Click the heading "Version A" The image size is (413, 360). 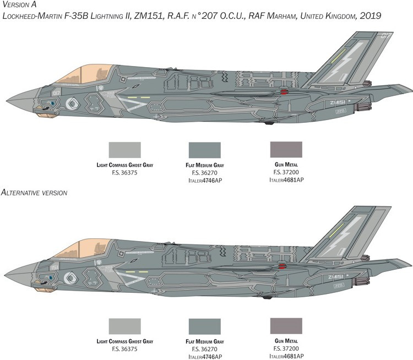(x=19, y=4)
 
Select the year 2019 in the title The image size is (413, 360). (x=370, y=16)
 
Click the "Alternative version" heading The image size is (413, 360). (x=34, y=193)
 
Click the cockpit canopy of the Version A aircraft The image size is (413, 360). (x=84, y=74)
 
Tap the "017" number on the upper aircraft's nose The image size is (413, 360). (x=56, y=93)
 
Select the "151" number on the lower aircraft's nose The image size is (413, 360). (x=55, y=268)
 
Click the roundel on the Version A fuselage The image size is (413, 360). (x=73, y=103)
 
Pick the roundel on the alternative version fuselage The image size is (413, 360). (x=70, y=279)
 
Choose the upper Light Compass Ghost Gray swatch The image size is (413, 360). (x=125, y=150)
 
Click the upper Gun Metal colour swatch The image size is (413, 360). (x=286, y=150)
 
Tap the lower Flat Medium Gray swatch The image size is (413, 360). (x=205, y=326)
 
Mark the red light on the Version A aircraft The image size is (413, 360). (x=284, y=91)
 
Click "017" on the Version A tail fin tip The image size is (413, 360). (x=385, y=35)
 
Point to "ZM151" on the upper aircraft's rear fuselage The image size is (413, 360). (x=338, y=102)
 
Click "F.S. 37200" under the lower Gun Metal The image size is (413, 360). (x=286, y=348)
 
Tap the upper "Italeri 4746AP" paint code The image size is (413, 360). (x=205, y=181)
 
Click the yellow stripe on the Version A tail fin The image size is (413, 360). (x=338, y=56)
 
